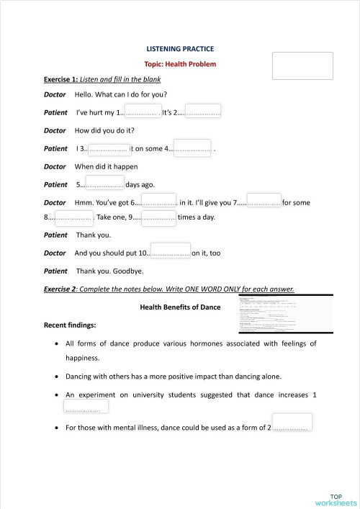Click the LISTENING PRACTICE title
click(x=180, y=49)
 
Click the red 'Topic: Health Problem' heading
click(x=180, y=64)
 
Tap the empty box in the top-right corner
click(x=302, y=66)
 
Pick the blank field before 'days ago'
click(x=104, y=183)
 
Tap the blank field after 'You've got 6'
click(x=158, y=201)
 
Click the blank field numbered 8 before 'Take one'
click(x=73, y=216)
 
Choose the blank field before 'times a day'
click(x=158, y=216)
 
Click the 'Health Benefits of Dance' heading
click(x=180, y=307)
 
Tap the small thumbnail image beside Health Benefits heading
click(x=286, y=312)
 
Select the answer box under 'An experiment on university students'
click(x=86, y=406)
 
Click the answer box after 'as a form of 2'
click(x=292, y=423)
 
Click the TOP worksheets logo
click(x=336, y=500)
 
